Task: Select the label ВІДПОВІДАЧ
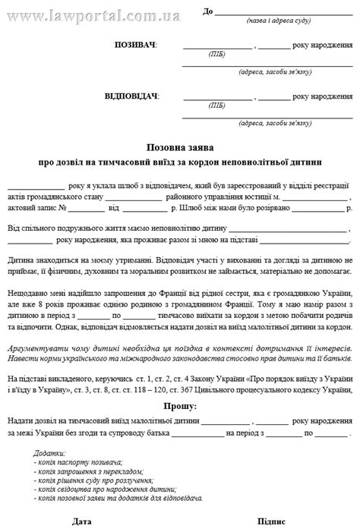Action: pos(131,96)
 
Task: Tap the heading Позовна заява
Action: pos(180,147)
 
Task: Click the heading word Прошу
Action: pos(179,407)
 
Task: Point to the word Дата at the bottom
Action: pos(82,522)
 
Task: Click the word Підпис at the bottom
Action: pos(271,522)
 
